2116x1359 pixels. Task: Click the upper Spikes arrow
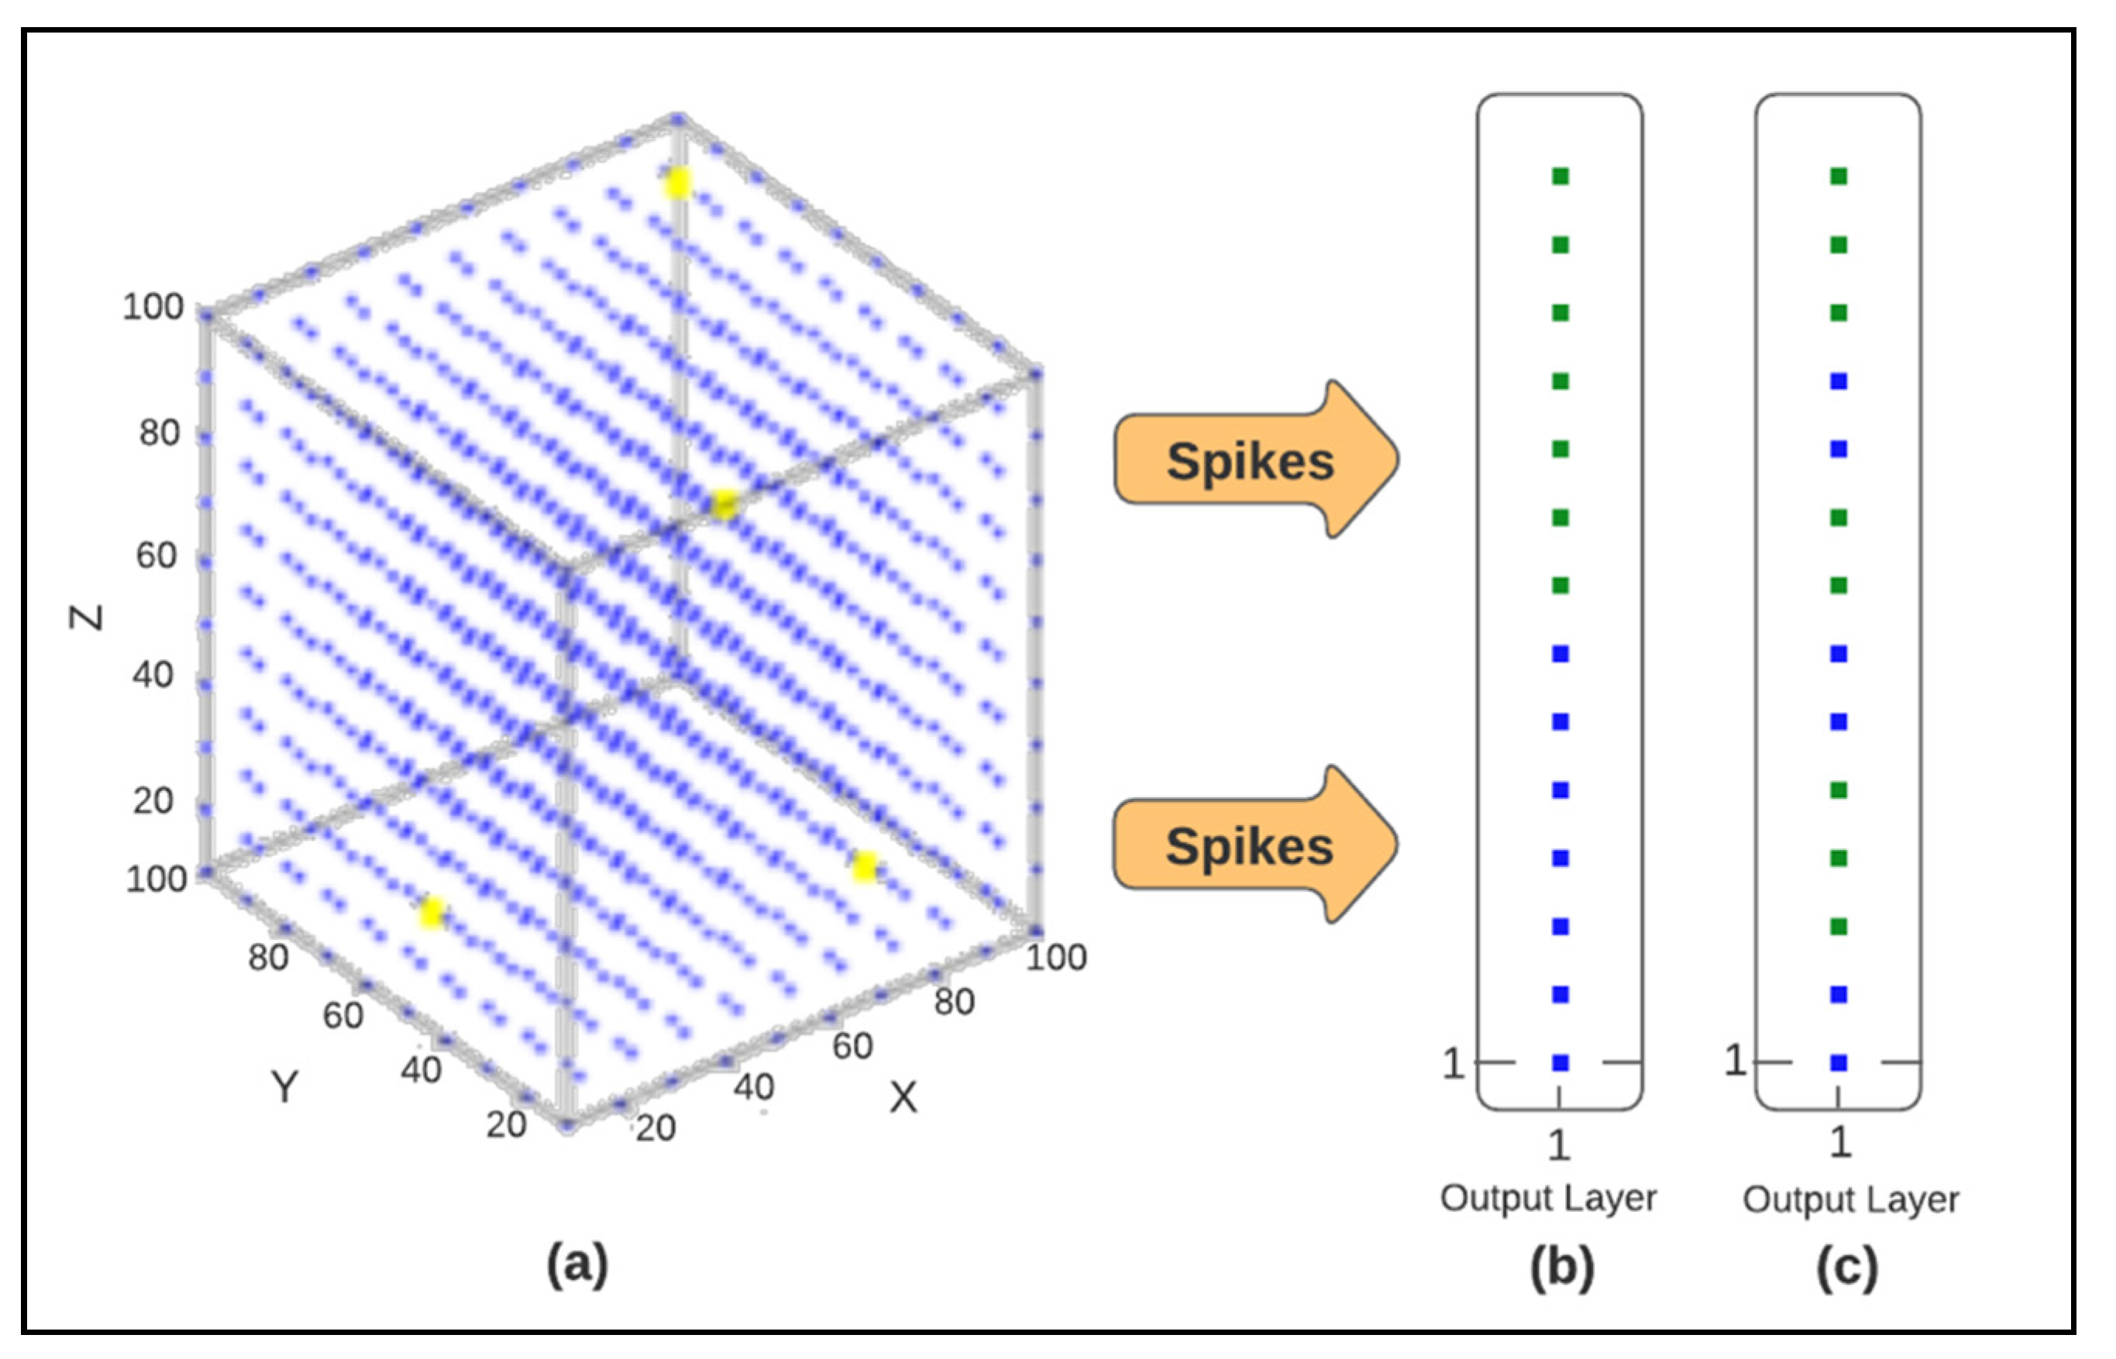(x=1253, y=459)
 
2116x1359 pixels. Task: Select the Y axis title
(x=284, y=1086)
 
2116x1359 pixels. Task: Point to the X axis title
(x=903, y=1098)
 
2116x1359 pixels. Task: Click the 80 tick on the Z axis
(x=159, y=432)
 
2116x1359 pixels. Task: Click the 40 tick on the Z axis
(x=153, y=674)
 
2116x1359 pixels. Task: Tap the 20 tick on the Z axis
(x=153, y=800)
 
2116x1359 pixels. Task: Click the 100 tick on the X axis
(x=1056, y=958)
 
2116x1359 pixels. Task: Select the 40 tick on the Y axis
(x=421, y=1069)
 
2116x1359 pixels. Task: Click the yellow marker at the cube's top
(x=678, y=184)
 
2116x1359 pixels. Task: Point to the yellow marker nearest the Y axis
(x=432, y=913)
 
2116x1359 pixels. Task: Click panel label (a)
(x=578, y=1264)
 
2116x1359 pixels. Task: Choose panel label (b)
(x=1562, y=1268)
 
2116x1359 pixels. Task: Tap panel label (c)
(x=1847, y=1268)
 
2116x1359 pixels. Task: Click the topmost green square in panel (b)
(x=1560, y=177)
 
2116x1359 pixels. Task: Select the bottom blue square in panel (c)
(x=1839, y=1062)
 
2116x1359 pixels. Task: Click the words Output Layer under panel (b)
(x=1549, y=1199)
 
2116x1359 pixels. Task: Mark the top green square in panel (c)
(x=1839, y=177)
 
